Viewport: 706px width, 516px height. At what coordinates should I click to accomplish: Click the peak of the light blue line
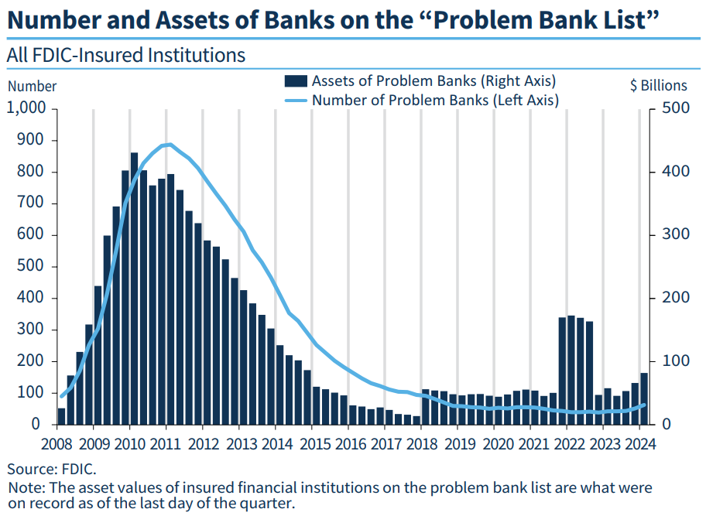pyautogui.click(x=170, y=145)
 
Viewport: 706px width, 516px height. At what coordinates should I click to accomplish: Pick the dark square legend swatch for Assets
pyautogui.click(x=296, y=81)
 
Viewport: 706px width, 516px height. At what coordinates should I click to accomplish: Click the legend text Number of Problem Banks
pyautogui.click(x=434, y=100)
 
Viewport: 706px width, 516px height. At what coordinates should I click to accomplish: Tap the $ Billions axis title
pyautogui.click(x=658, y=86)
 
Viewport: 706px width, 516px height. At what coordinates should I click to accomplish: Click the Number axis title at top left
pyautogui.click(x=32, y=86)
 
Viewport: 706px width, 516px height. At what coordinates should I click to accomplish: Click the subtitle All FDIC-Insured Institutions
pyautogui.click(x=125, y=56)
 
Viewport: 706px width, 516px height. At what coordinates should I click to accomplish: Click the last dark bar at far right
pyautogui.click(x=644, y=398)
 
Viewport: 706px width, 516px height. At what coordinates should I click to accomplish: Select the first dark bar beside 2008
pyautogui.click(x=62, y=416)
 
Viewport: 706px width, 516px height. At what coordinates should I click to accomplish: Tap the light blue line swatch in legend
pyautogui.click(x=296, y=100)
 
